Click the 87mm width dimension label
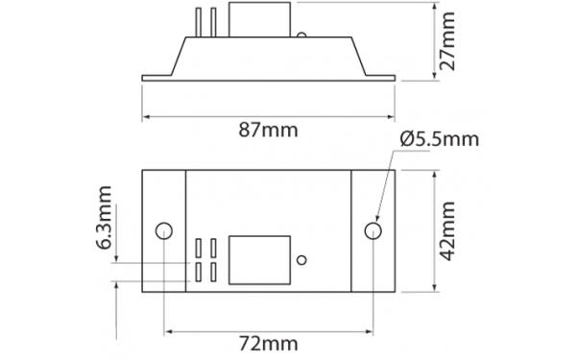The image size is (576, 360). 268,130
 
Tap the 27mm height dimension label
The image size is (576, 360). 447,41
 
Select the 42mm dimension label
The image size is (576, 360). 447,230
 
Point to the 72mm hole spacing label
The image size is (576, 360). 269,345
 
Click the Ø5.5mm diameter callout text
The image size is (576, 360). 440,139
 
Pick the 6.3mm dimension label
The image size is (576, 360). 105,218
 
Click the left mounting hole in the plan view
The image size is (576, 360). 164,231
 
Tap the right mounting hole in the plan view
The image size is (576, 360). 372,231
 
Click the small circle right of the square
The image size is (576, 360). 301,260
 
